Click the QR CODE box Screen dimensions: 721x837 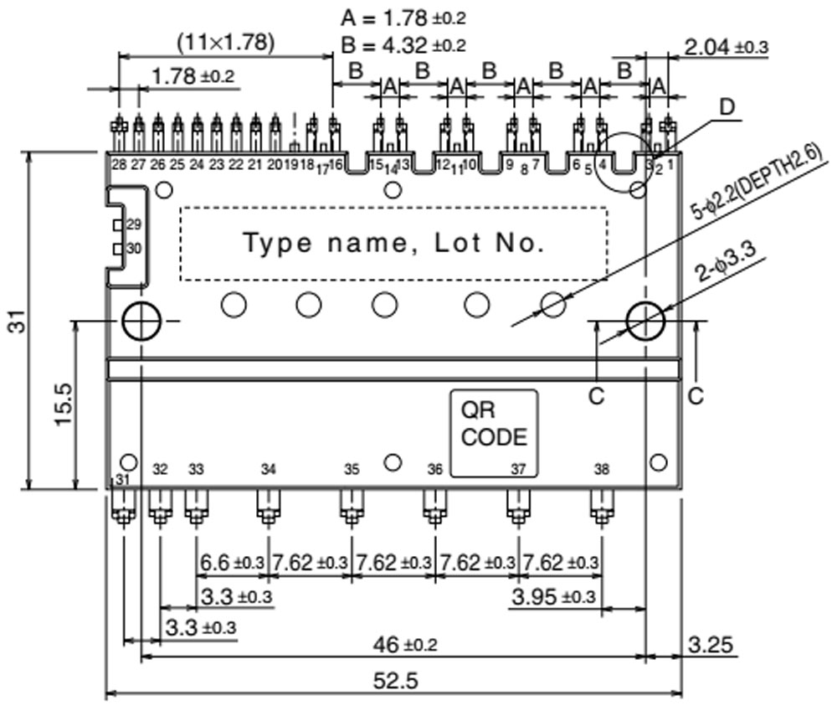(494, 433)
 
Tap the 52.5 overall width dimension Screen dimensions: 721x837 (394, 681)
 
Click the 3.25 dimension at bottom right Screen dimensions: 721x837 (711, 646)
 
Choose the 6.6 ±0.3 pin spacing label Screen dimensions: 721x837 (230, 563)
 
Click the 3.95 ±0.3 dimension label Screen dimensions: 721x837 (553, 597)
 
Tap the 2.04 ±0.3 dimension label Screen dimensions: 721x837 (726, 47)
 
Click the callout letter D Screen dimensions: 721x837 (727, 106)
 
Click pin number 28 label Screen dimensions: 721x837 (118, 164)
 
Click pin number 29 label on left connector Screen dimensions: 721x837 (134, 225)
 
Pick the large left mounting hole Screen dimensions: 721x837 (139, 320)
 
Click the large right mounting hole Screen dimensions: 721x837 (645, 320)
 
